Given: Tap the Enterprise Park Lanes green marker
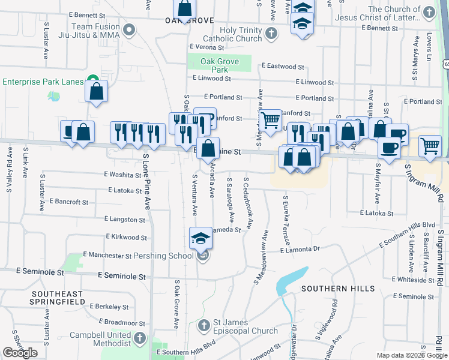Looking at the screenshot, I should (x=92, y=78).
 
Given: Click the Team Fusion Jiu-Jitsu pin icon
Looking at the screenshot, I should (x=128, y=30).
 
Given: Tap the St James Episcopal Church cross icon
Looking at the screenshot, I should (x=204, y=326).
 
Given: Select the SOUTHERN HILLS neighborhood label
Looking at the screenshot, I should (x=338, y=289).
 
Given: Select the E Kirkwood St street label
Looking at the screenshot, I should (x=125, y=238).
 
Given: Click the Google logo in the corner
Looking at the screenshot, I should (x=20, y=353).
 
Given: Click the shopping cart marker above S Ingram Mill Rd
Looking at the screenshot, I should (x=430, y=146).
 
